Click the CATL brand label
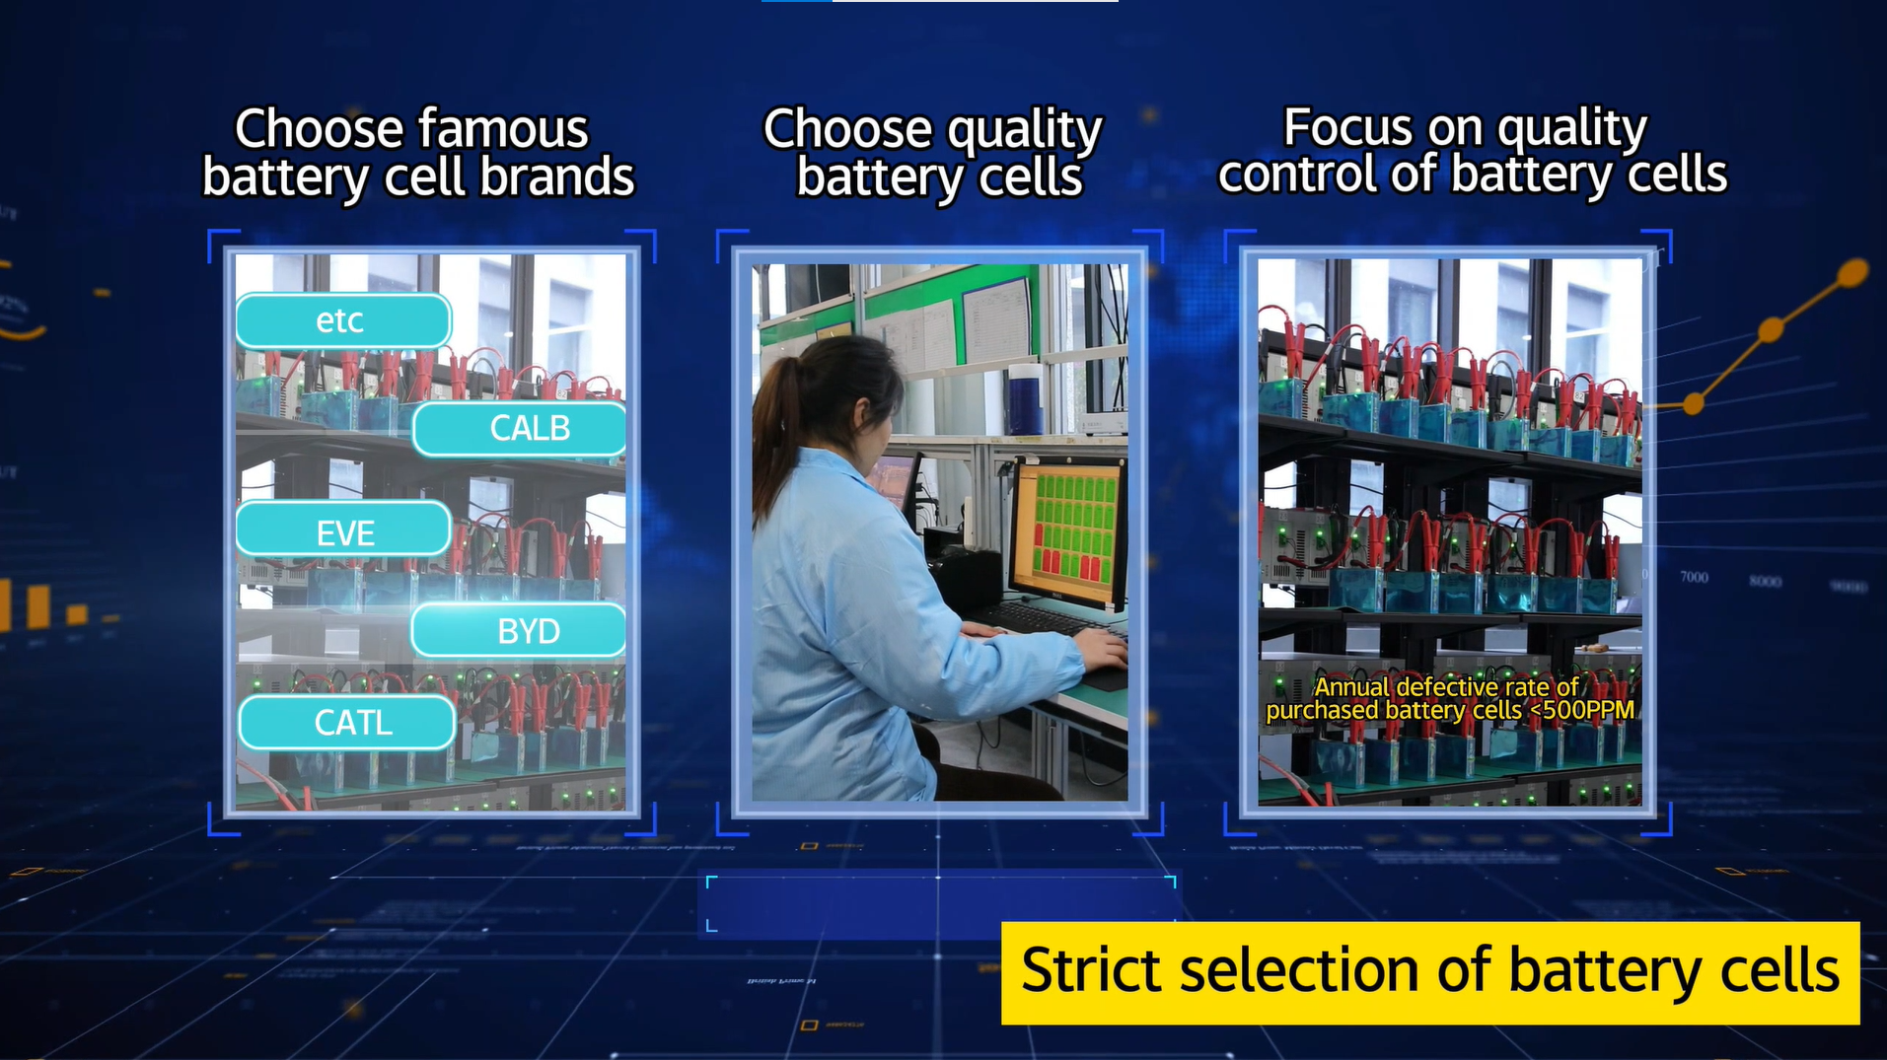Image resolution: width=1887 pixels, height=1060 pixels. [x=347, y=723]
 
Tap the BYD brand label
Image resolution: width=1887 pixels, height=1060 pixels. [x=519, y=630]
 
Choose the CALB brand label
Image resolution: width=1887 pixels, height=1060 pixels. [x=520, y=429]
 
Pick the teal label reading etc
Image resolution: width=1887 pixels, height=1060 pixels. [x=343, y=320]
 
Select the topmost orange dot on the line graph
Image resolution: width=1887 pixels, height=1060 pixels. [x=1853, y=271]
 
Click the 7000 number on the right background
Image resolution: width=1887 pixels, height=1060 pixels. [x=1694, y=577]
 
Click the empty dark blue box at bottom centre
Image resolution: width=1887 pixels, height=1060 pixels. [x=941, y=904]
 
